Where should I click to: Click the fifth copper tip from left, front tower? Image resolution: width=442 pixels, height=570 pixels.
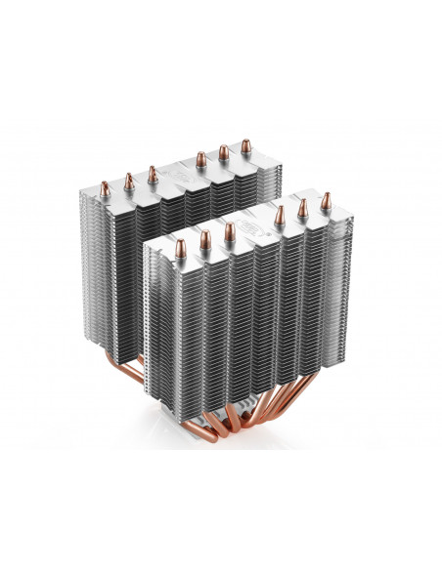pos(302,204)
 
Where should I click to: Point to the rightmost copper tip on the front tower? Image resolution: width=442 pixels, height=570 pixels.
pos(325,197)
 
